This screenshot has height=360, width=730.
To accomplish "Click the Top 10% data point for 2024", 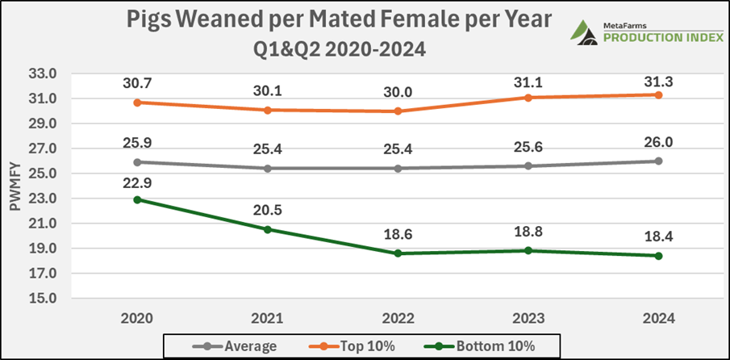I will click(x=658, y=94).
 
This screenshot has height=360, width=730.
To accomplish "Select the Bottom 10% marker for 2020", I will click(x=138, y=199).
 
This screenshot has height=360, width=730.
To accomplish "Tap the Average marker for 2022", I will click(x=398, y=169).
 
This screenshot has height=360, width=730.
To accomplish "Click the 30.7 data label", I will click(x=138, y=82).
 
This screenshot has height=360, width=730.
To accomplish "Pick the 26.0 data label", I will click(x=658, y=141).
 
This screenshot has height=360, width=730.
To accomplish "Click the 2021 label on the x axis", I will click(x=268, y=317).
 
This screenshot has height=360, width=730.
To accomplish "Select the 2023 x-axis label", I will click(x=528, y=317).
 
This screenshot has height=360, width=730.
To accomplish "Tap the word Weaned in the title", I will click(x=222, y=21).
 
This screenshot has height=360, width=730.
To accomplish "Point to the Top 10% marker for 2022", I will click(x=398, y=111).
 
